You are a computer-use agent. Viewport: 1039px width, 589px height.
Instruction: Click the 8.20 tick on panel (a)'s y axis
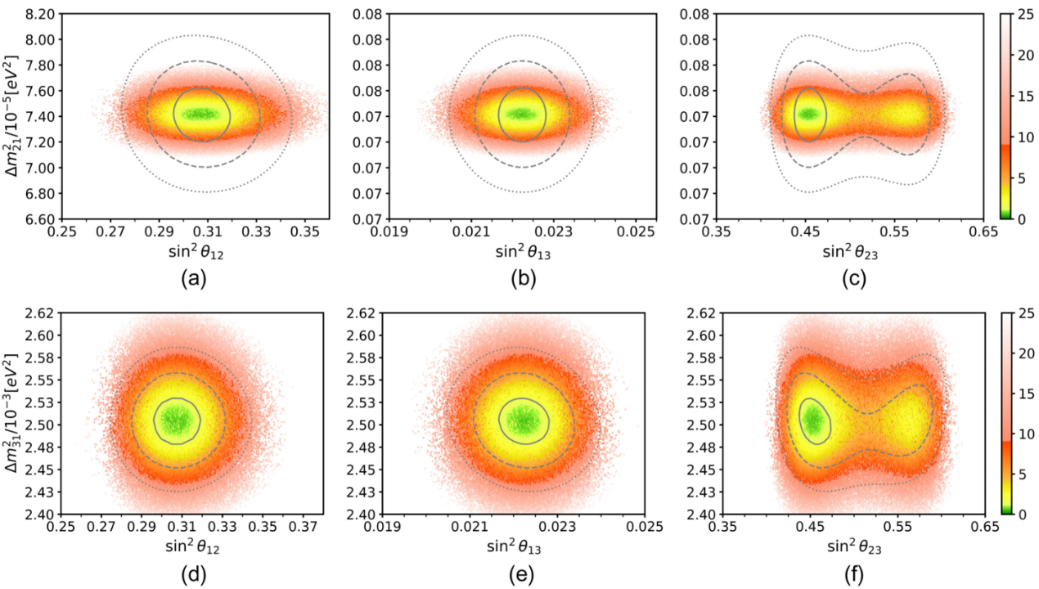[40, 14]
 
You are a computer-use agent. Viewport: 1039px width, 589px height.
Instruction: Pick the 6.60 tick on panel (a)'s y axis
[40, 219]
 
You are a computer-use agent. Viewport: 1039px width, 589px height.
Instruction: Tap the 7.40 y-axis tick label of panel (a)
[40, 117]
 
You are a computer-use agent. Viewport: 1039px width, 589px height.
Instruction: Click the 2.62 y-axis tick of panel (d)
[40, 312]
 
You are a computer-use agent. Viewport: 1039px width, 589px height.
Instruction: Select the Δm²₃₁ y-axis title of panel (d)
[11, 413]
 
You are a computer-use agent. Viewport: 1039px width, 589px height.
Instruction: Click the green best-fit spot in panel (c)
[808, 114]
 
